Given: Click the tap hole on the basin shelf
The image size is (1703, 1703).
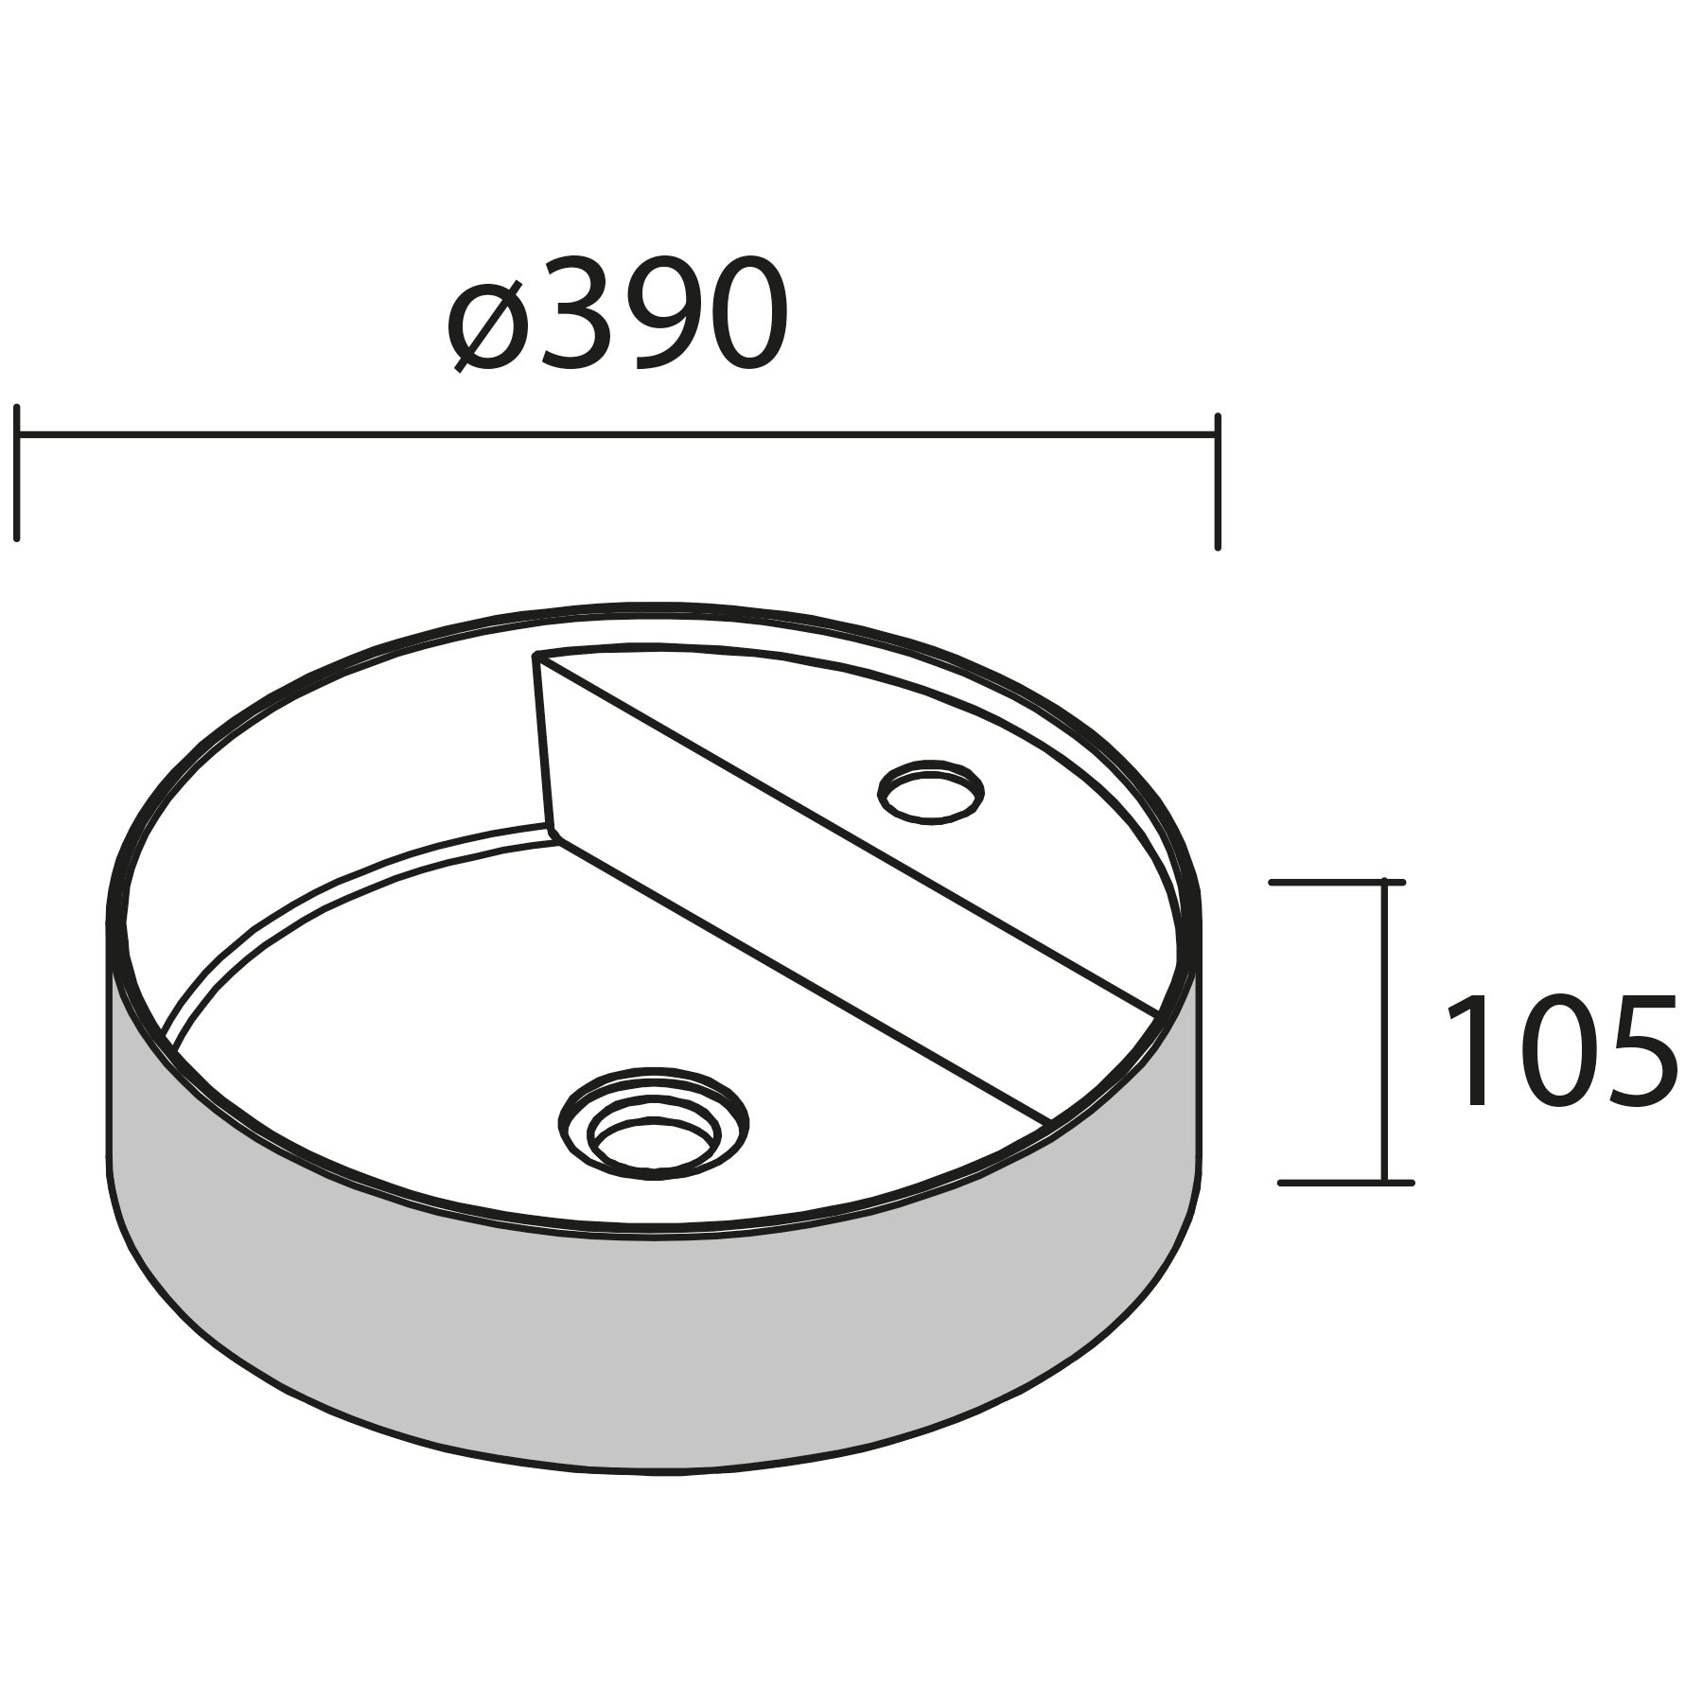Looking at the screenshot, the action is [x=931, y=791].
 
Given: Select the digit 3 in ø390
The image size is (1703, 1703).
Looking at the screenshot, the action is [x=571, y=313].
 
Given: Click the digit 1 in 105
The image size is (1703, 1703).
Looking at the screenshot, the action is [x=1474, y=1050].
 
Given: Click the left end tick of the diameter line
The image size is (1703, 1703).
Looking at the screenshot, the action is [x=17, y=473].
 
